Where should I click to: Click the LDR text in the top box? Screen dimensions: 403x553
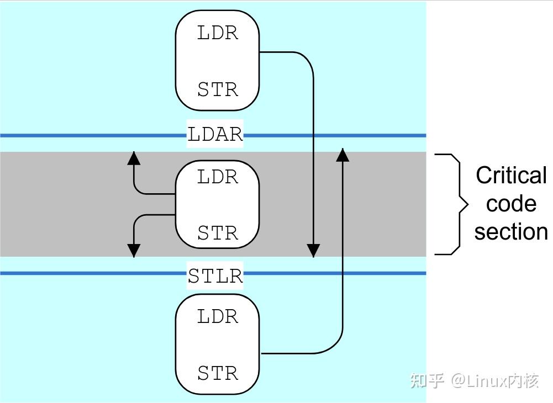[x=218, y=33]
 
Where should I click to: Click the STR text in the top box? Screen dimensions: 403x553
[x=218, y=89]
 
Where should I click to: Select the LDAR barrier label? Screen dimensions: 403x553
[x=215, y=135]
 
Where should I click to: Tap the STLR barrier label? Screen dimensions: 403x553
[x=215, y=275]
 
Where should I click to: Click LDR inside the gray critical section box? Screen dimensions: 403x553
[x=218, y=177]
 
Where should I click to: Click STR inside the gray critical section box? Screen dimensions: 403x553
[x=218, y=233]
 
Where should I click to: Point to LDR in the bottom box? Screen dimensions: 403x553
[x=218, y=317]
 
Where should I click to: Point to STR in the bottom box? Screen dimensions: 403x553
[x=218, y=373]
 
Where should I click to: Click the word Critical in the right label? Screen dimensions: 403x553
[x=511, y=176]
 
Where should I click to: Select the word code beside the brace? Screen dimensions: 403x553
[x=511, y=204]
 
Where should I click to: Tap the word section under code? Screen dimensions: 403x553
[x=511, y=232]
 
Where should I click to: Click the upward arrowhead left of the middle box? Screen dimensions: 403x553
[x=133, y=158]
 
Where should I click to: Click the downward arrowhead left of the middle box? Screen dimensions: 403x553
[x=133, y=251]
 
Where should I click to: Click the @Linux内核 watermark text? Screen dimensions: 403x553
[x=494, y=380]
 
